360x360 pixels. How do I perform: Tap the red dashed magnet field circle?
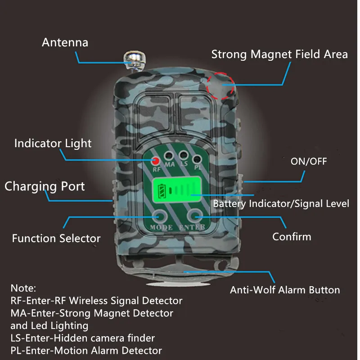click(x=221, y=85)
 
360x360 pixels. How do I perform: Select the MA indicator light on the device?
click(x=169, y=156)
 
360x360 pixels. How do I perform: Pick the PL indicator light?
click(x=197, y=159)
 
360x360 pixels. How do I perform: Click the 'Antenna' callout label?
click(x=65, y=43)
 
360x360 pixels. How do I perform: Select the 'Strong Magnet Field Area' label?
click(x=279, y=54)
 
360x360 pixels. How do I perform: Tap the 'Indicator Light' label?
click(x=53, y=144)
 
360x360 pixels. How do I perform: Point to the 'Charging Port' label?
click(x=45, y=186)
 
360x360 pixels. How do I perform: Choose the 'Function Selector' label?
click(x=56, y=238)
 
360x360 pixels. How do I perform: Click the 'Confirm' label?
click(x=292, y=236)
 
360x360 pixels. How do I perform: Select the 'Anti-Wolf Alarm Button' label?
click(x=285, y=290)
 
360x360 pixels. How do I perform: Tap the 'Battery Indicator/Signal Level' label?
click(x=281, y=203)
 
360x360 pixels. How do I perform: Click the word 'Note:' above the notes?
click(x=23, y=288)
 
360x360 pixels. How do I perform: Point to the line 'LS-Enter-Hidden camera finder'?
click(x=82, y=338)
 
